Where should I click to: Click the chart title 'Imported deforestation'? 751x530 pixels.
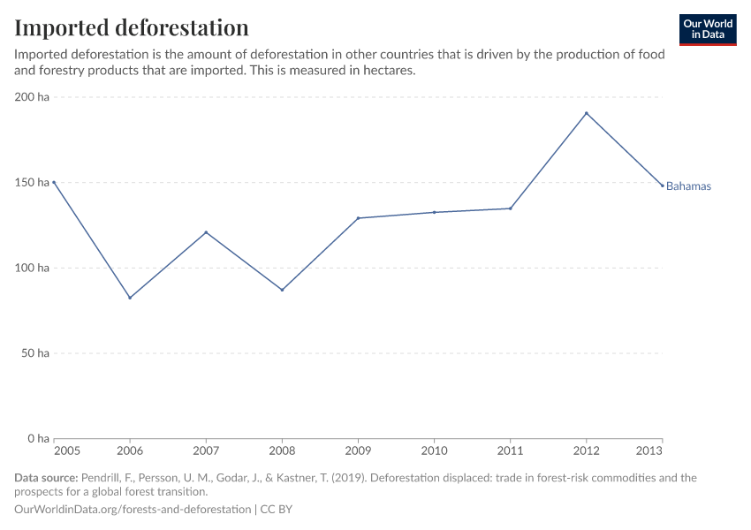[132, 27]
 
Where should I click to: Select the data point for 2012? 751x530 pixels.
[586, 113]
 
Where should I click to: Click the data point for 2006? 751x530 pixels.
[130, 298]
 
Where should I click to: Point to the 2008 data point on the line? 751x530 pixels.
[282, 290]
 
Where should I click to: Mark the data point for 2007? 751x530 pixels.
[206, 232]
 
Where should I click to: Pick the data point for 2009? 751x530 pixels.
[358, 218]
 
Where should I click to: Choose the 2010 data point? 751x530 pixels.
[434, 212]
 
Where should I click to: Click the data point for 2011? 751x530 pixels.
[510, 208]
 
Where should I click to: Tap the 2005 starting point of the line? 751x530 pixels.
[54, 182]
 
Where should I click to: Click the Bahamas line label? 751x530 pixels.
[688, 186]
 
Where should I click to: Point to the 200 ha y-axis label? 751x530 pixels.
[32, 97]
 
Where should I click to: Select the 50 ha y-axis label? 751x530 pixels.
[35, 353]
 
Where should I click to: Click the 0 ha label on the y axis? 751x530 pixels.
[38, 438]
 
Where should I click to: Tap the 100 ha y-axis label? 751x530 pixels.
[32, 268]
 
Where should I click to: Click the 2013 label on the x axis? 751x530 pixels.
[650, 451]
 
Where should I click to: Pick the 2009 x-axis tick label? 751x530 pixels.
[358, 451]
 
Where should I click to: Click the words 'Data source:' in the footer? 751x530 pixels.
[46, 478]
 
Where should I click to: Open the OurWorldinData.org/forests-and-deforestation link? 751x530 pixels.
[133, 510]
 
